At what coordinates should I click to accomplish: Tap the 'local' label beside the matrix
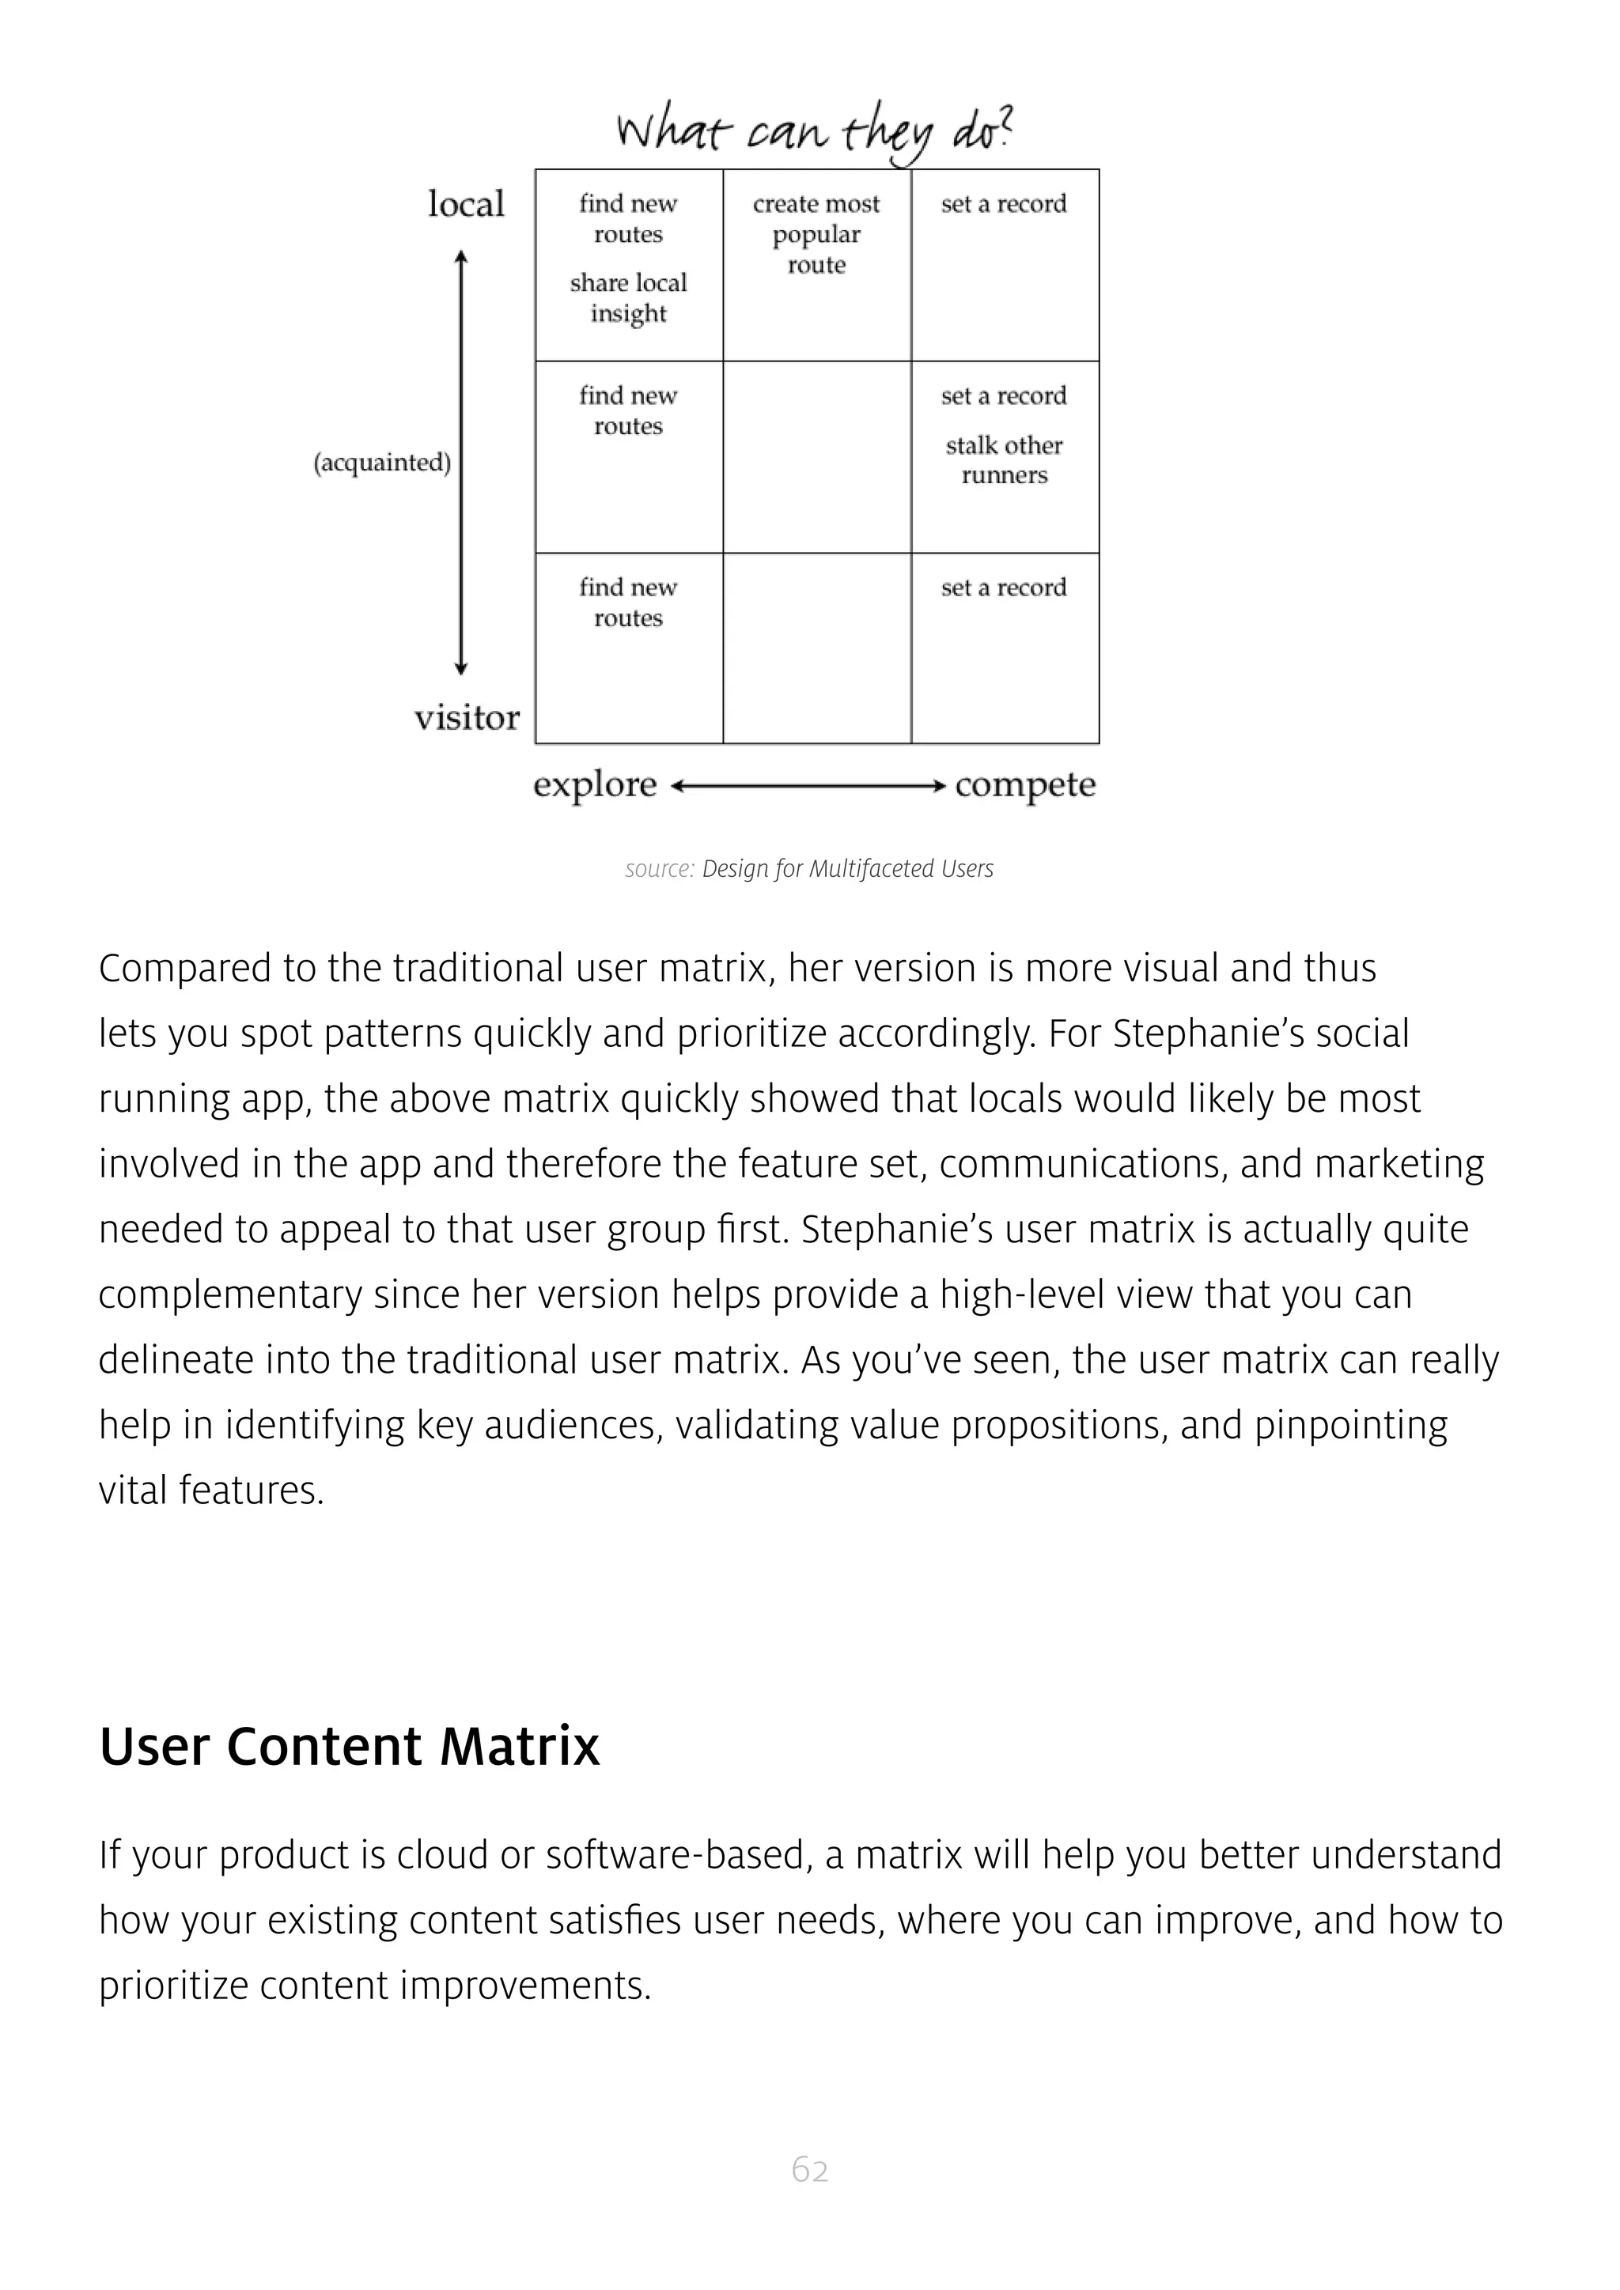pyautogui.click(x=466, y=205)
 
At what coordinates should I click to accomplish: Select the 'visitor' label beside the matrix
pyautogui.click(x=467, y=717)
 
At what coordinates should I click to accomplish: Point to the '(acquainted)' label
pyautogui.click(x=382, y=463)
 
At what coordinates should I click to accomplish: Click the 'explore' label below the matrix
pyautogui.click(x=595, y=785)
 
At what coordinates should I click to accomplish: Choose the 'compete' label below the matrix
pyautogui.click(x=1024, y=785)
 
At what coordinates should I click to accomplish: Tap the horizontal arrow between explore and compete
pyautogui.click(x=808, y=787)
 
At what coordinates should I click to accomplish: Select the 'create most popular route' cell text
pyautogui.click(x=816, y=234)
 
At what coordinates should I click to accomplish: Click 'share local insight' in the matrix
pyautogui.click(x=628, y=297)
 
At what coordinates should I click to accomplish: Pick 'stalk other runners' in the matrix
pyautogui.click(x=1004, y=459)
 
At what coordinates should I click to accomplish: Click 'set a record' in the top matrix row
pyautogui.click(x=1004, y=205)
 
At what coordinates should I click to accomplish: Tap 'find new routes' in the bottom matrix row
pyautogui.click(x=628, y=603)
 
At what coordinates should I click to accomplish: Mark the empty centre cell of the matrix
pyautogui.click(x=816, y=457)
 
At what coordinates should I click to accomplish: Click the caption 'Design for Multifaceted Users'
pyautogui.click(x=847, y=869)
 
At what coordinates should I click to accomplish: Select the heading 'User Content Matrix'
pyautogui.click(x=349, y=1747)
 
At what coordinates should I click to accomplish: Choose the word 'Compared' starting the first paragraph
pyautogui.click(x=184, y=969)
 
